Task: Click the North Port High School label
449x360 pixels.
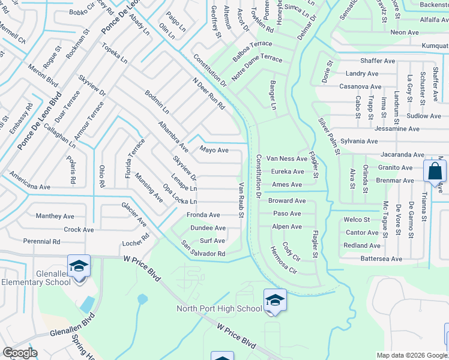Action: (218, 309)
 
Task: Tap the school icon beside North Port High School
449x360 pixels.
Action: (275, 299)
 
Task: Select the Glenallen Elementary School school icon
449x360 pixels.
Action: (79, 265)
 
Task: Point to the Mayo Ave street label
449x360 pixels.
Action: (214, 150)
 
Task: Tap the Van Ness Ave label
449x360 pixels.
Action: (287, 158)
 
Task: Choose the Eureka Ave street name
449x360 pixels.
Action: (288, 172)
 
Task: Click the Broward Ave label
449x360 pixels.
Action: (287, 200)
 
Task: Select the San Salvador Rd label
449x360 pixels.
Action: (203, 250)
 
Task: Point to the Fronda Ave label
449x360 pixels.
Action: (203, 215)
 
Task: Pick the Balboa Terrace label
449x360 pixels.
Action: (253, 44)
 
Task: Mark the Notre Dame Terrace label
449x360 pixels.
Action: (257, 59)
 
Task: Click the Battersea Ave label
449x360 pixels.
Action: (381, 259)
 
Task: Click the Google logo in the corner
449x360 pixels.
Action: (20, 353)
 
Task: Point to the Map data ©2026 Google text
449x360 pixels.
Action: (411, 355)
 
